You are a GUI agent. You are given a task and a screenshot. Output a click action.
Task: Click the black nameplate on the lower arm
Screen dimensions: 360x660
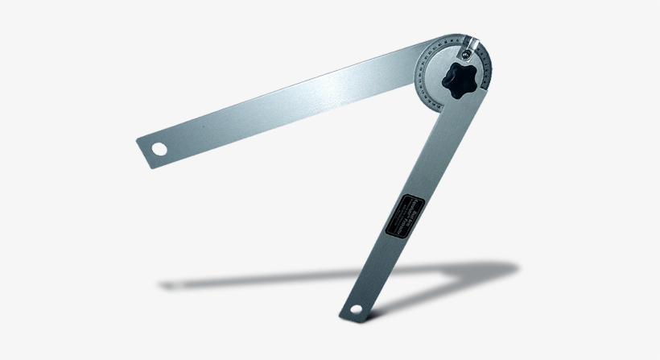(x=400, y=217)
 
